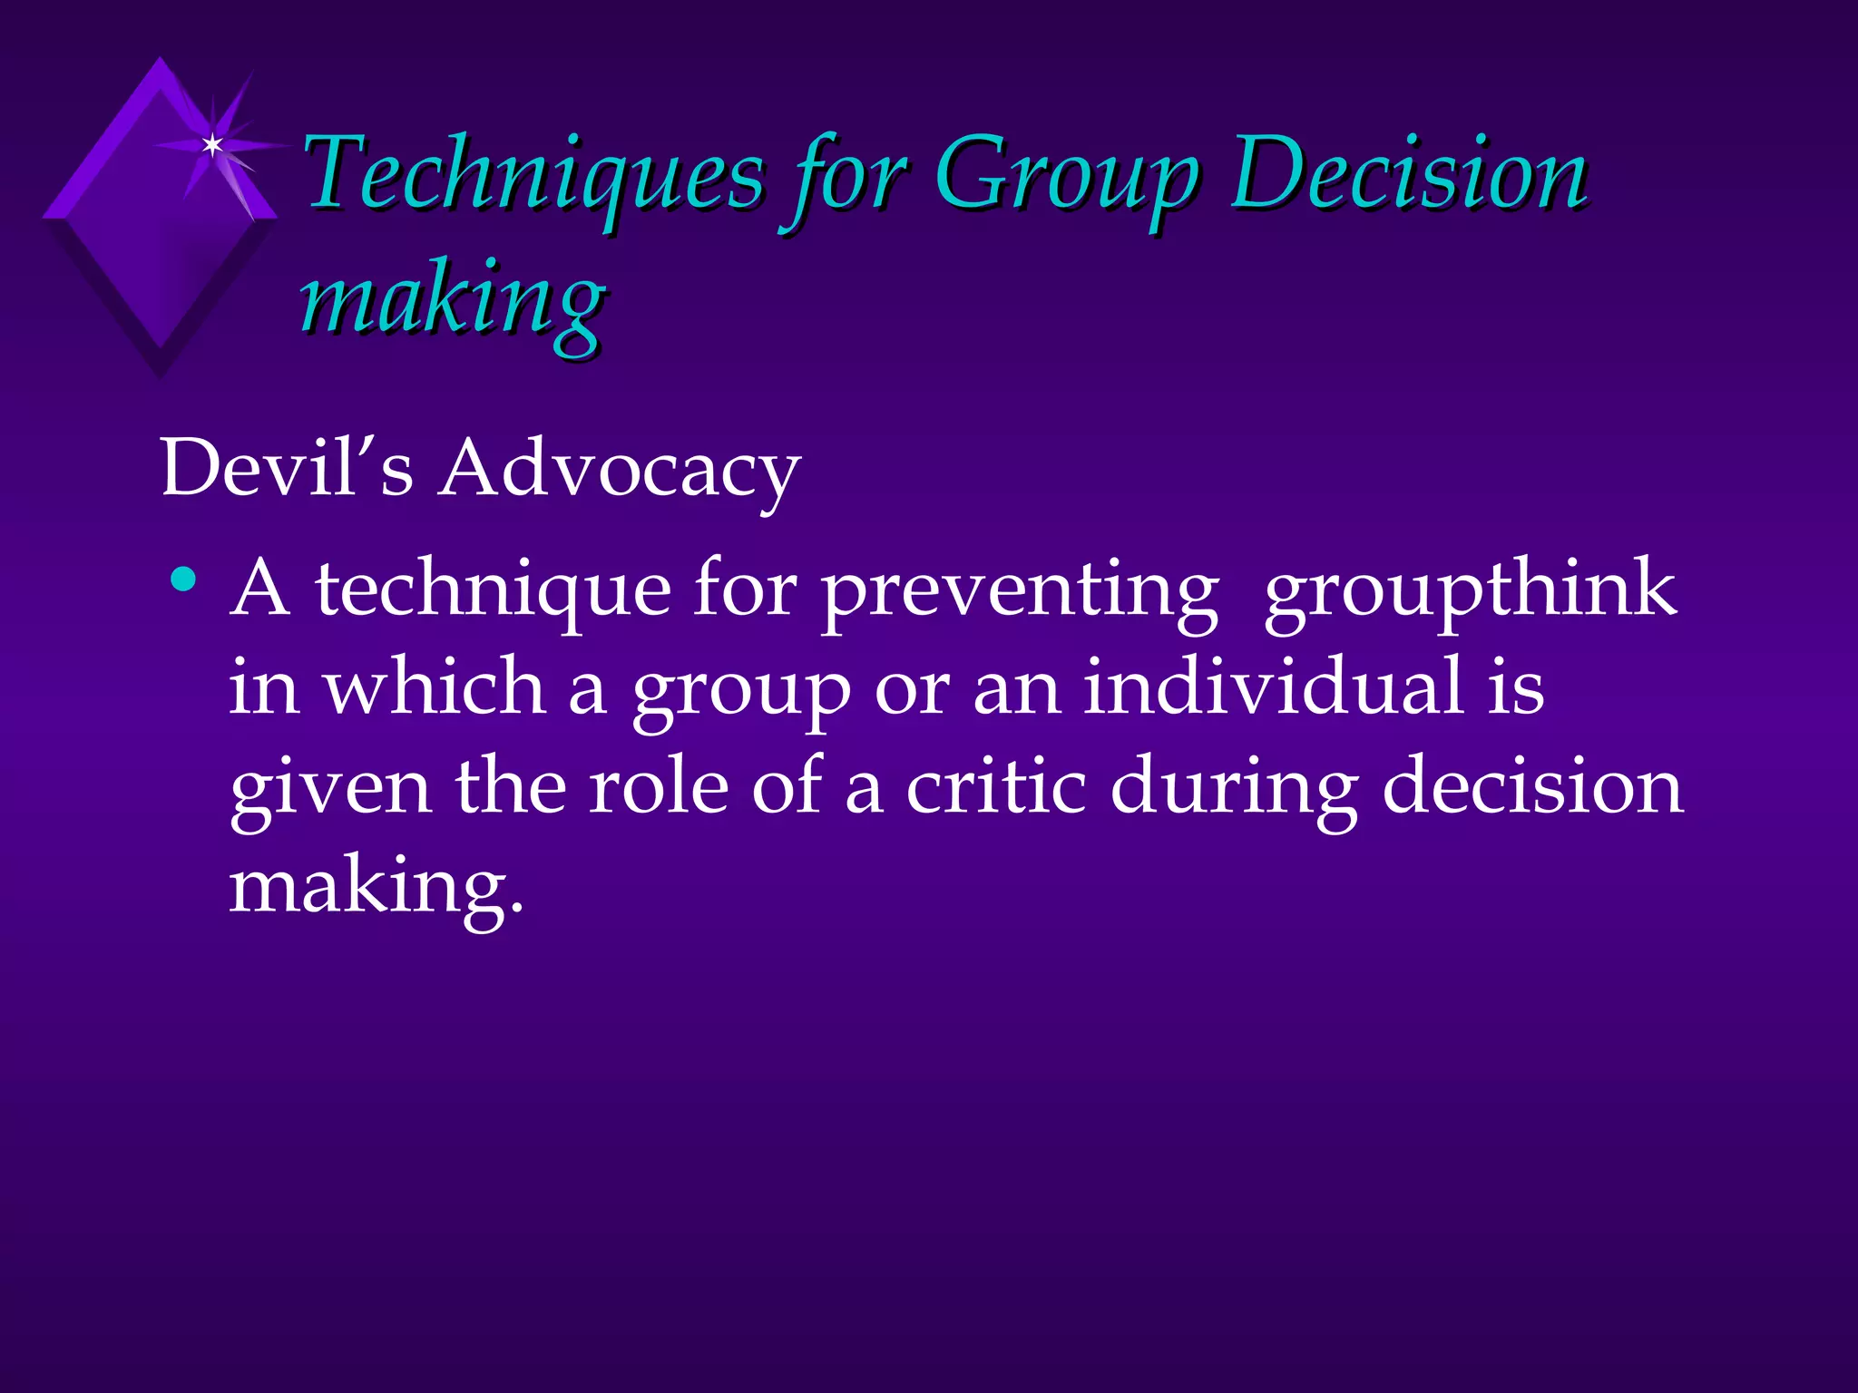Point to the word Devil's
pyautogui.click(x=287, y=469)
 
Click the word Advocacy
pyautogui.click(x=619, y=471)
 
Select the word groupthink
pyautogui.click(x=1470, y=589)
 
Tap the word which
pyautogui.click(x=435, y=687)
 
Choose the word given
pyautogui.click(x=330, y=787)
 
